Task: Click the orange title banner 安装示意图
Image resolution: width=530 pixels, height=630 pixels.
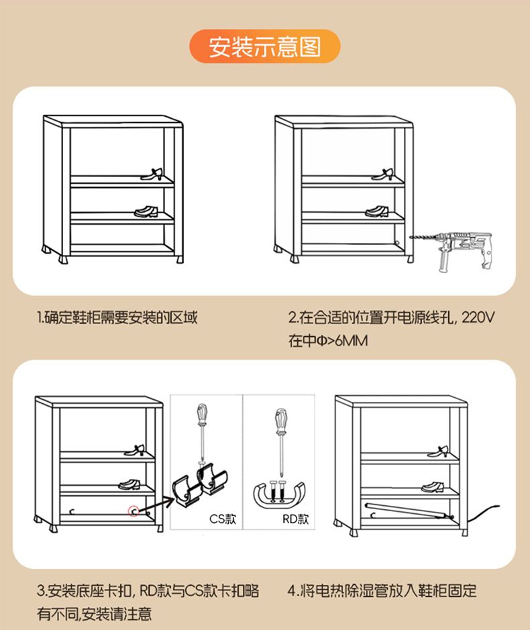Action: tap(265, 46)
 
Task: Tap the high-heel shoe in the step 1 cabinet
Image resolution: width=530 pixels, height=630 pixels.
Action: tap(152, 174)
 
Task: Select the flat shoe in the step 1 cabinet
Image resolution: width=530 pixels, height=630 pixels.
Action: tap(146, 211)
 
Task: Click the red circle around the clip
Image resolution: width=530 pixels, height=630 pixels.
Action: tap(134, 511)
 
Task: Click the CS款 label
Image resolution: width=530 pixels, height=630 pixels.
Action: tap(223, 519)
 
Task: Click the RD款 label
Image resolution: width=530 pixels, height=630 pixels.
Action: tap(296, 519)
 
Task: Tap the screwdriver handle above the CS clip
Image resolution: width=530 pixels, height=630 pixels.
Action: tap(202, 415)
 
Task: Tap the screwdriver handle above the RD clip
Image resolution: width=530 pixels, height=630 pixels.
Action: tap(281, 421)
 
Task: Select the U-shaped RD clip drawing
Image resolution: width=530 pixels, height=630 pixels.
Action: tap(279, 492)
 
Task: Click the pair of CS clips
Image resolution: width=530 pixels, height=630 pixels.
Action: tap(200, 485)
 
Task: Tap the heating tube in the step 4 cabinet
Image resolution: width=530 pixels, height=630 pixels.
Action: tap(409, 511)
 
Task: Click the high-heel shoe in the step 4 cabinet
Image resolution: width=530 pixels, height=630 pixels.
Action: tap(438, 452)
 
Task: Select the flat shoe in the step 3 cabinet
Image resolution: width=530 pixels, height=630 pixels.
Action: tap(129, 484)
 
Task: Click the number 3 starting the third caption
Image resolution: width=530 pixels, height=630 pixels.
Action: tap(40, 591)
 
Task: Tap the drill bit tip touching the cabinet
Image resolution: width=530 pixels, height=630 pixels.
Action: tap(411, 238)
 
